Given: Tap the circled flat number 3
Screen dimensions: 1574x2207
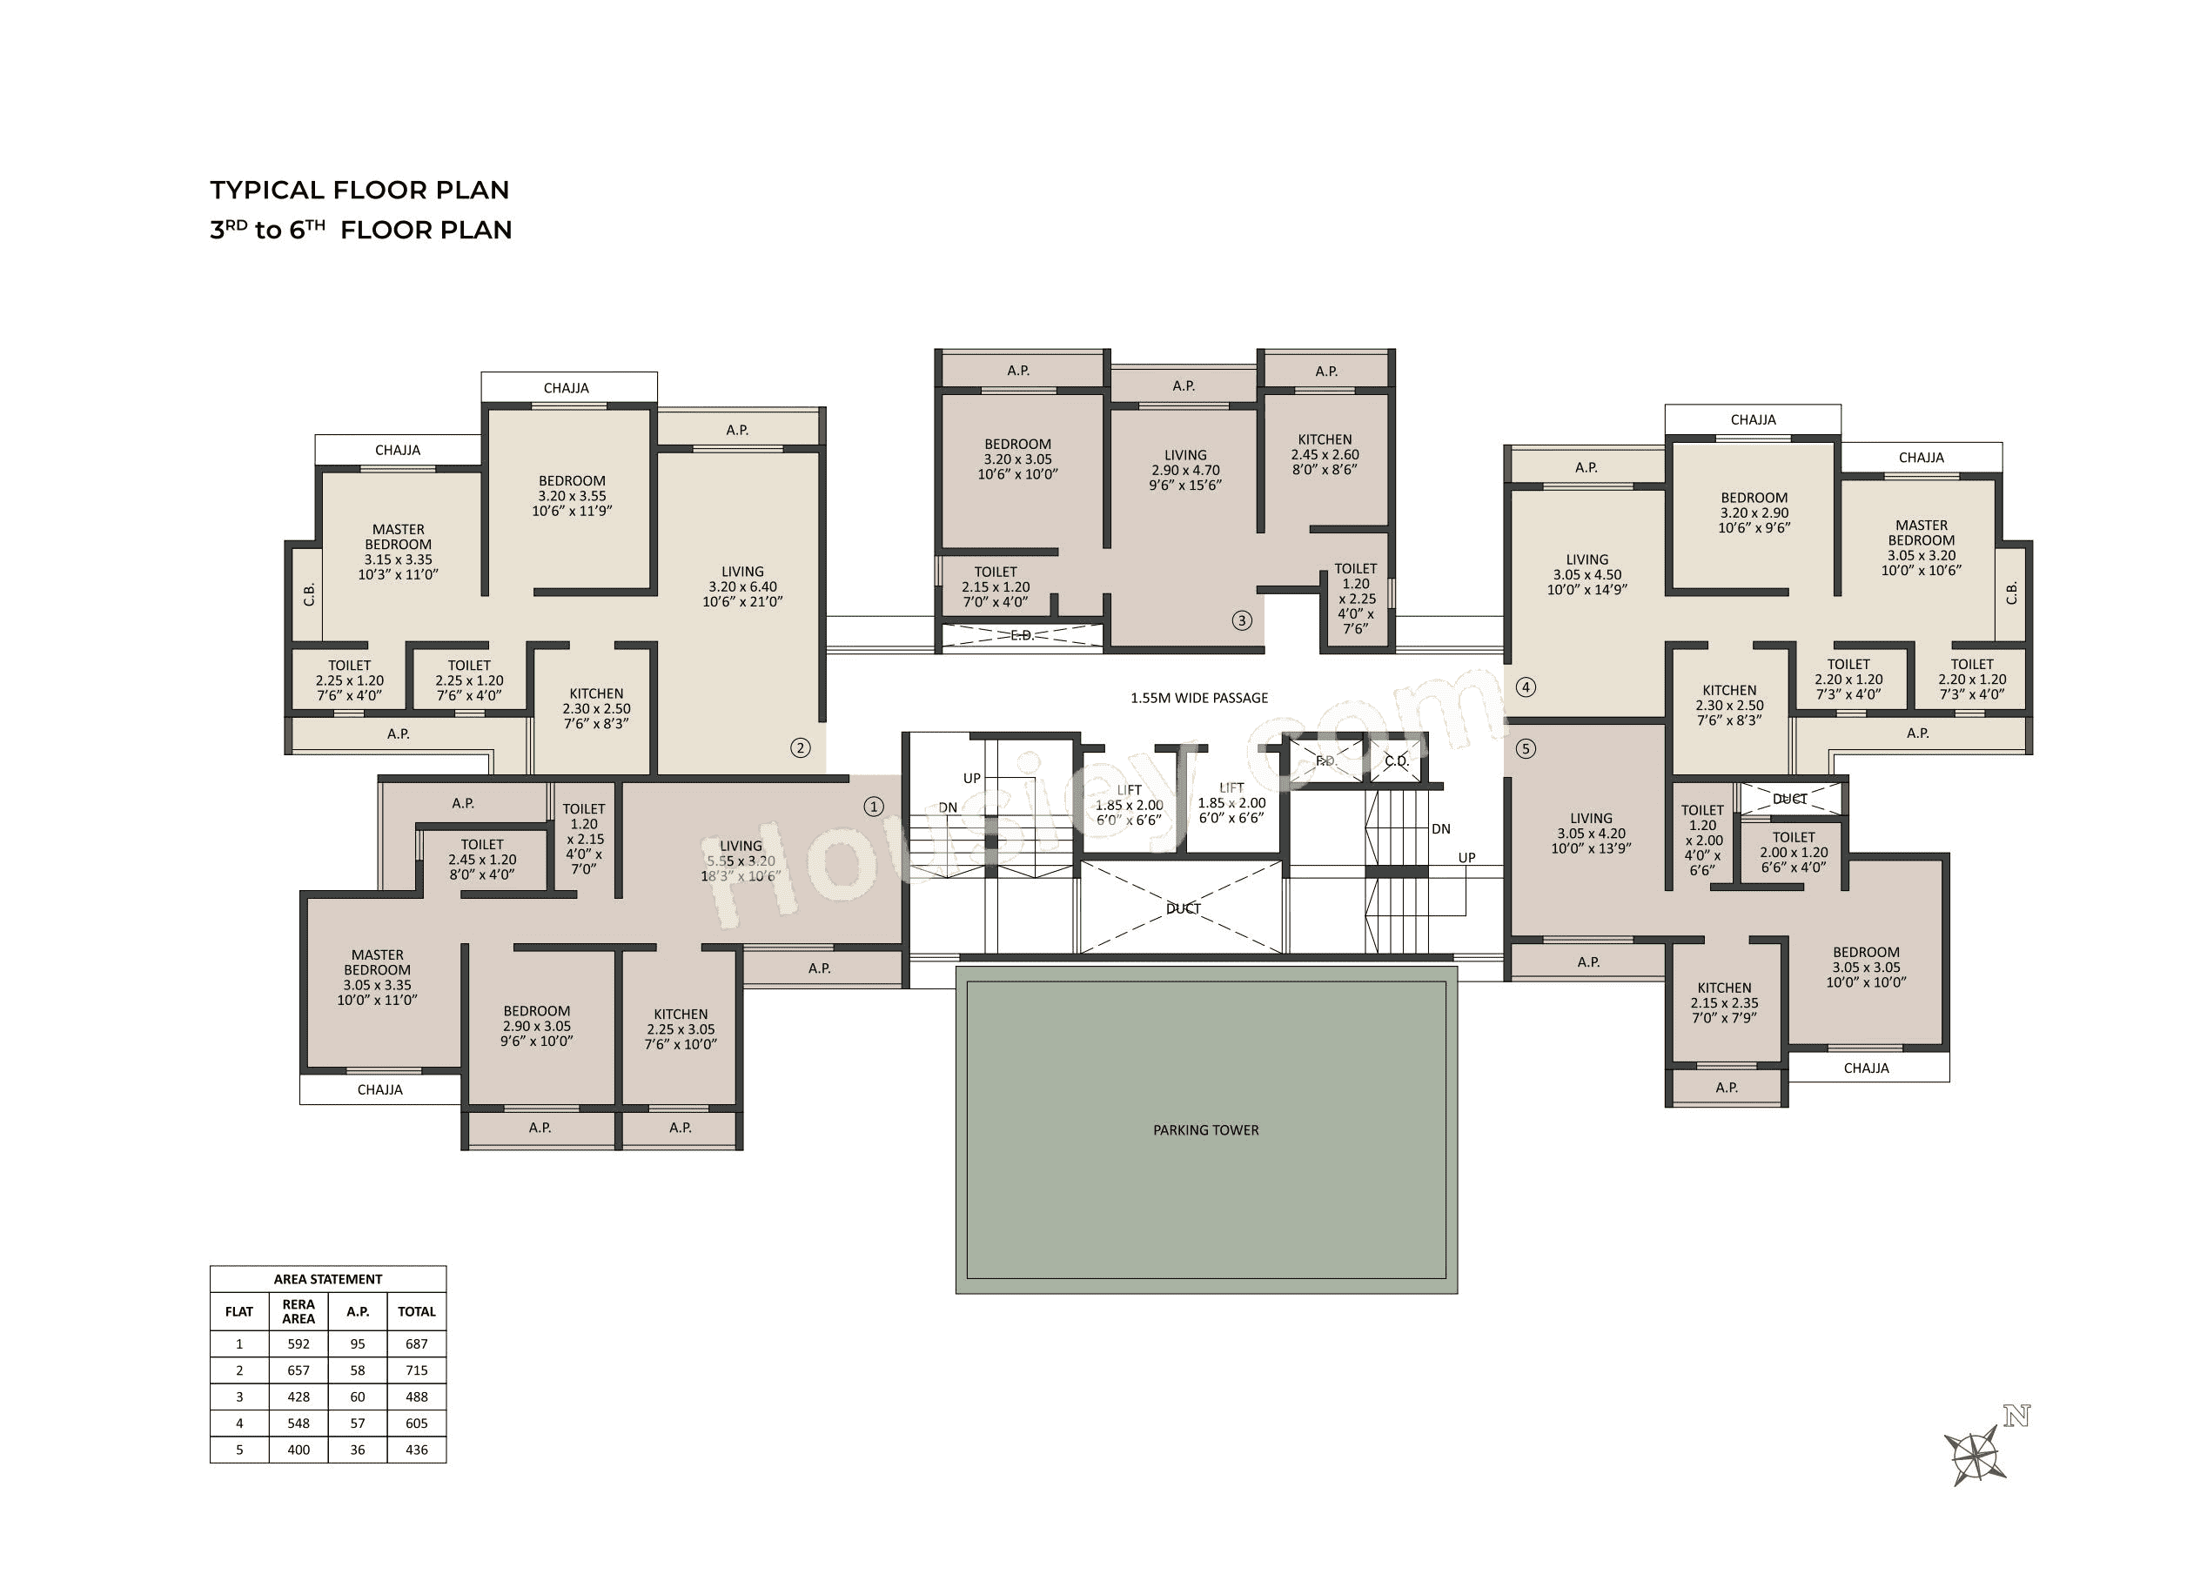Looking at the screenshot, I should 1242,620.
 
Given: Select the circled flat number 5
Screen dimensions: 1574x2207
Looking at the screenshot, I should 1525,749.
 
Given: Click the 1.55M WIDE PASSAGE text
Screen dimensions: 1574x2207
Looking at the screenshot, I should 1198,698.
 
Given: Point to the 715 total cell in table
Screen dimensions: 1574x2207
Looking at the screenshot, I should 416,1370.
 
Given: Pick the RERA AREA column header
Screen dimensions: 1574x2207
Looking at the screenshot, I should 299,1311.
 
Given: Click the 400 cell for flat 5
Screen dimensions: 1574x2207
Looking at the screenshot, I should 299,1450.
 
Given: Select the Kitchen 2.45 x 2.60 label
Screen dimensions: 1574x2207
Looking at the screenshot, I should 1324,454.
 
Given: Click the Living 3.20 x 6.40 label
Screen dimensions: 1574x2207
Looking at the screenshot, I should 741,586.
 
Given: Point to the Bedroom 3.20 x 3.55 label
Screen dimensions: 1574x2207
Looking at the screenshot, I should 572,495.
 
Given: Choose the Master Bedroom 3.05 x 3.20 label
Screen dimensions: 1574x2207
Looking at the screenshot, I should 1920,547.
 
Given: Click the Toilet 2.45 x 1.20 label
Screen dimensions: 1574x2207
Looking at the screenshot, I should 482,860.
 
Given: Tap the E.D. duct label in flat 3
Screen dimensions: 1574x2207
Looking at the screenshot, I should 1022,636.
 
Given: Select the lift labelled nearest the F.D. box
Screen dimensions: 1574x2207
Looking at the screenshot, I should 1231,802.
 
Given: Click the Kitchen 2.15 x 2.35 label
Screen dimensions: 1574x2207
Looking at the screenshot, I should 1723,1003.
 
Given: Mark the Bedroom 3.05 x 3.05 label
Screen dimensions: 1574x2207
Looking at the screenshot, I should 1865,968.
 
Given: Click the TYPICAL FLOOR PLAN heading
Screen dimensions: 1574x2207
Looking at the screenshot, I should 359,190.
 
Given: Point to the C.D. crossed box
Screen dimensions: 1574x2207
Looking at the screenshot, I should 1396,760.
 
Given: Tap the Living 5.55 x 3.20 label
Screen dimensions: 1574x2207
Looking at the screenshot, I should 741,861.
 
